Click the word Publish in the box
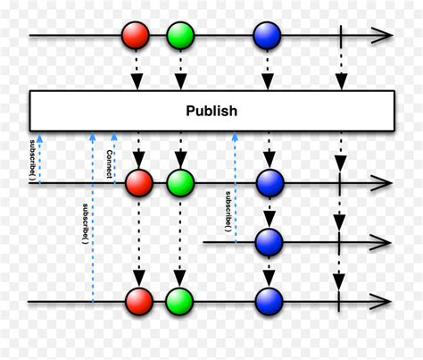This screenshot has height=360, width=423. pyautogui.click(x=211, y=112)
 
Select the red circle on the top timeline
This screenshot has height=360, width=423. pyautogui.click(x=136, y=35)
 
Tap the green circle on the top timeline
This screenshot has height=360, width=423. pyautogui.click(x=180, y=36)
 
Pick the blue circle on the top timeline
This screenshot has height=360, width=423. pyautogui.click(x=267, y=36)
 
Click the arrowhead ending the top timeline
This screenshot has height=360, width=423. pyautogui.click(x=383, y=36)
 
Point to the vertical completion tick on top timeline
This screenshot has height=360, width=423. pyautogui.click(x=341, y=37)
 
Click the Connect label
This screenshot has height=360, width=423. pyautogui.click(x=110, y=164)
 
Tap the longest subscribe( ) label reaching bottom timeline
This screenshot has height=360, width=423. pyautogui.click(x=85, y=223)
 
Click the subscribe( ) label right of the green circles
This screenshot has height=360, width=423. pyautogui.click(x=228, y=212)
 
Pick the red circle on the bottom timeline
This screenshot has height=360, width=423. pyautogui.click(x=139, y=301)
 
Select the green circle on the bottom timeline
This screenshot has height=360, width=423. pyautogui.click(x=179, y=301)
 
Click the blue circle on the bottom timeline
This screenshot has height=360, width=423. pyautogui.click(x=269, y=301)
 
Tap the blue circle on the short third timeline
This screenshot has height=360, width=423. pyautogui.click(x=269, y=242)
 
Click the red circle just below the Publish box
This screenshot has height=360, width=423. pyautogui.click(x=139, y=183)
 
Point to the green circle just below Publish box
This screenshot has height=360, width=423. pyautogui.click(x=180, y=183)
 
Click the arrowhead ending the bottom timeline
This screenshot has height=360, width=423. pyautogui.click(x=380, y=301)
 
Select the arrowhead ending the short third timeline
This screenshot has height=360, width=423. pyautogui.click(x=380, y=242)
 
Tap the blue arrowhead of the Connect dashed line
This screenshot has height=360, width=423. pyautogui.click(x=114, y=136)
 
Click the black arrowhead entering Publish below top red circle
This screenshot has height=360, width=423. pyautogui.click(x=137, y=82)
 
